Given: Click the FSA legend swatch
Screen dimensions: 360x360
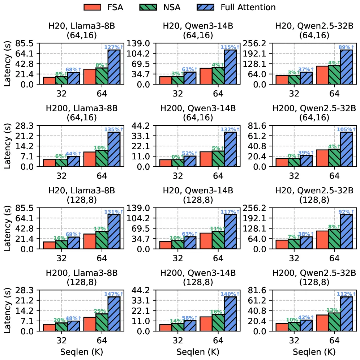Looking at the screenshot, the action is pyautogui.click(x=92, y=7).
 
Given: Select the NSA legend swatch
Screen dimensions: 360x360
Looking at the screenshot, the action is pyautogui.click(x=148, y=7).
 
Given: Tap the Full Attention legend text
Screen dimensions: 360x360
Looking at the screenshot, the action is pyautogui.click(x=248, y=7).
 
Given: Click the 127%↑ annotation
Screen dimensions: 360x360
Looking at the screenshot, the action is pyautogui.click(x=114, y=47).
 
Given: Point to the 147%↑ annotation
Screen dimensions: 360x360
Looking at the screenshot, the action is pyautogui.click(x=114, y=294).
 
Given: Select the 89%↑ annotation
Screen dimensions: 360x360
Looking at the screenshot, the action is pyautogui.click(x=346, y=47).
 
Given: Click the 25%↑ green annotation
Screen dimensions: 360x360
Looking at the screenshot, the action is pyautogui.click(x=101, y=311).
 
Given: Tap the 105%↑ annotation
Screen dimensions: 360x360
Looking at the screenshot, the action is pyautogui.click(x=346, y=129).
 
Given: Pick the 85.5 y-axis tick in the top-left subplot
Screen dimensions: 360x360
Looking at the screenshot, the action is pyautogui.click(x=24, y=43).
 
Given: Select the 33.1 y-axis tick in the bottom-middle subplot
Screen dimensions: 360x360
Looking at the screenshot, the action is pyautogui.click(x=141, y=300).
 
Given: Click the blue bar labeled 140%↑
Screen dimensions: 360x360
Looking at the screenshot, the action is pyautogui.click(x=230, y=314).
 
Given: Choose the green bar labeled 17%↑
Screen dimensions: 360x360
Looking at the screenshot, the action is pyautogui.click(x=102, y=240).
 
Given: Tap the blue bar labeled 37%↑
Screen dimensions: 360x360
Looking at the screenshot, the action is pyautogui.click(x=306, y=78).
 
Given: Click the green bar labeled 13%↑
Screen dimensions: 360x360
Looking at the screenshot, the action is pyautogui.click(x=334, y=322).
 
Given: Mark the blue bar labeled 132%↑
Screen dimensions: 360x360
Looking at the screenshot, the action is pyautogui.click(x=230, y=149).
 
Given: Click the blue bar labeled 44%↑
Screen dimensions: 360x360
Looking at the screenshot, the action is pyautogui.click(x=73, y=162).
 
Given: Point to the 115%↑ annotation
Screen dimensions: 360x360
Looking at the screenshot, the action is pyautogui.click(x=230, y=47).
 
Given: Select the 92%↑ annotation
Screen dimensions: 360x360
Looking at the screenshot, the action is pyautogui.click(x=346, y=212).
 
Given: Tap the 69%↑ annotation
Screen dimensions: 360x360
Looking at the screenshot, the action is pyautogui.click(x=73, y=234).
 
